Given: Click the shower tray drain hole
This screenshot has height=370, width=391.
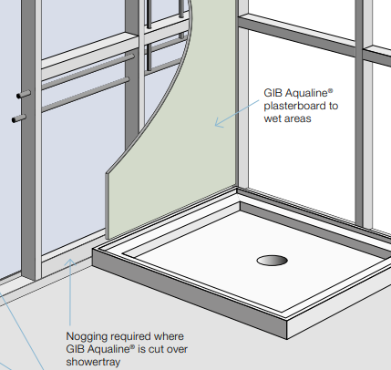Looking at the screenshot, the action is tap(272, 261).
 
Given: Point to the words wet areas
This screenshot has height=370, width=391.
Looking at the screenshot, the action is tap(287, 118).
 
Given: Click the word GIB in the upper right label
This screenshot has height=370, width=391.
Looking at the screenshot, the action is tap(273, 93).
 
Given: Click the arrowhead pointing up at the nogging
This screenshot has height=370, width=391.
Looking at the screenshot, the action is tap(70, 262).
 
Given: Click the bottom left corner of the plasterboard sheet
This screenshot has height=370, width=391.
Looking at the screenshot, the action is tap(107, 239).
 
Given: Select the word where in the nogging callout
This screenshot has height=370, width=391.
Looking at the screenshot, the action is tap(169, 337).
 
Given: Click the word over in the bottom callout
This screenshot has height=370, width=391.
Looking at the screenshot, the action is tap(177, 350).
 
